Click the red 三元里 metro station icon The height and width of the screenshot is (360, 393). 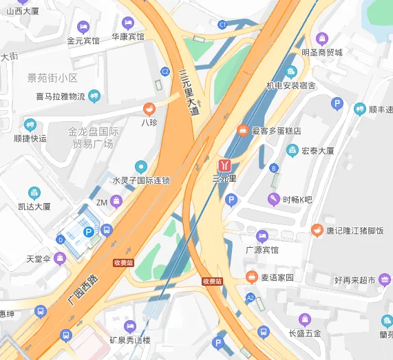click(x=224, y=165)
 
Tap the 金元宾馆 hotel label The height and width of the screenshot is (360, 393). click(x=83, y=41)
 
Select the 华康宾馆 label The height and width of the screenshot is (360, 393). click(x=128, y=36)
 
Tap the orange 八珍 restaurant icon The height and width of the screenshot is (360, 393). click(x=149, y=109)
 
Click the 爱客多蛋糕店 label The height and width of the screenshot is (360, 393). click(x=276, y=130)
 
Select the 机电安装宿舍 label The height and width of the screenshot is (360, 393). click(x=291, y=85)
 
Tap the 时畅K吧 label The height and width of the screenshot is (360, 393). click(x=297, y=200)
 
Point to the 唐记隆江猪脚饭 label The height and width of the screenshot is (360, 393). click(x=355, y=231)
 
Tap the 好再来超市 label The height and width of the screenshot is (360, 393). click(x=355, y=280)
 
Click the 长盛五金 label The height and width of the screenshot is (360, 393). click(x=306, y=333)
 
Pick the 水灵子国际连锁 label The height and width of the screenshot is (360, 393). click(x=141, y=180)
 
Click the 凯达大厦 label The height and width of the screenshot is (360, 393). click(x=34, y=206)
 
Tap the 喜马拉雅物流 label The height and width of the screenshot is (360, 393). click(x=61, y=96)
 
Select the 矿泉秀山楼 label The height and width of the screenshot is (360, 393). click(x=130, y=340)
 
